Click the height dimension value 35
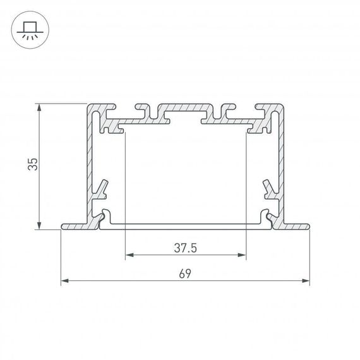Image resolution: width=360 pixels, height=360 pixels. coord(33,165)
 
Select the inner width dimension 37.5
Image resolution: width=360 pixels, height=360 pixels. coord(186,248)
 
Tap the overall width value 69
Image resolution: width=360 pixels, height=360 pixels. coord(185,273)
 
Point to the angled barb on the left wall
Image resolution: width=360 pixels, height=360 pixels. coord(102,186)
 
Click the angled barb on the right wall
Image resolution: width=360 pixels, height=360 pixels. coord(270,186)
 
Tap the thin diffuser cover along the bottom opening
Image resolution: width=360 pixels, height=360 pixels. coord(186,224)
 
